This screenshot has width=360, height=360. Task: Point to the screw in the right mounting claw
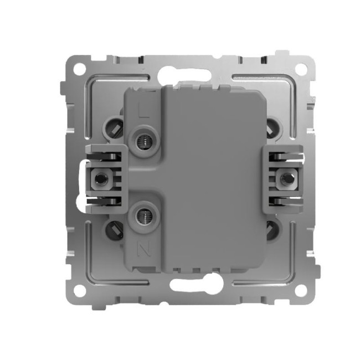pos(286,178)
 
